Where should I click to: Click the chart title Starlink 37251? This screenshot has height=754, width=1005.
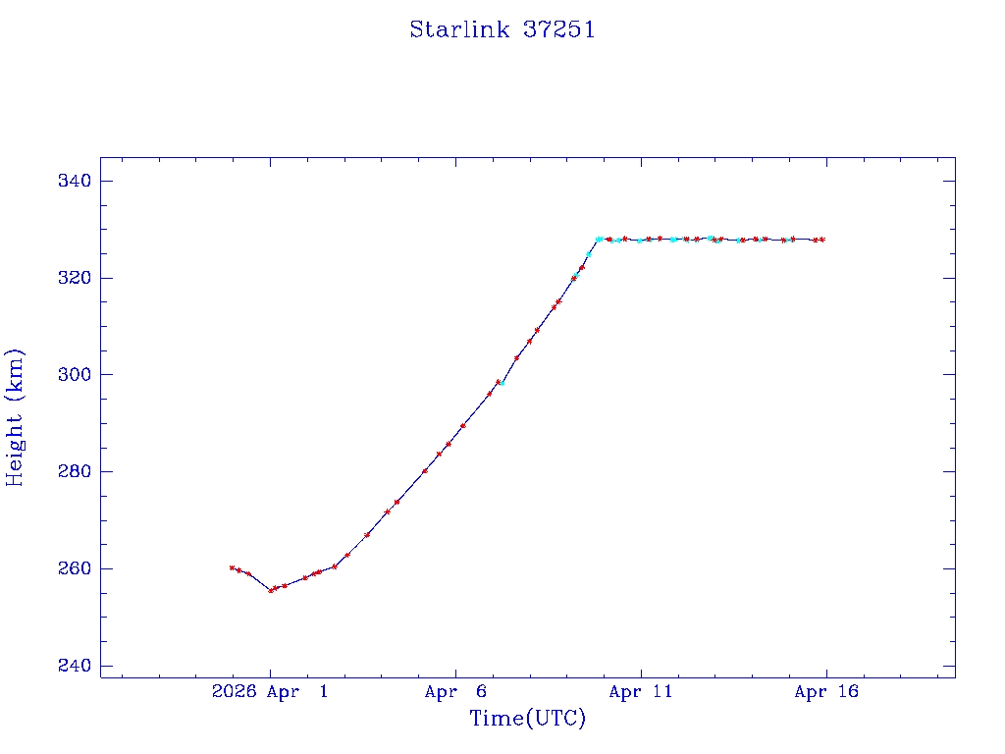(502, 29)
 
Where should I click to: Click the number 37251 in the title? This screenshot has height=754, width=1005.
(558, 29)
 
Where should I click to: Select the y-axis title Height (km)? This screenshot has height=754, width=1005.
(15, 417)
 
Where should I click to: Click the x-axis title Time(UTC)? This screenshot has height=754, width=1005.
(528, 719)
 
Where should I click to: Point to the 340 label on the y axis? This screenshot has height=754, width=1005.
(75, 182)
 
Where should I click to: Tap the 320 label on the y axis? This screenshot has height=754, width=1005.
(75, 278)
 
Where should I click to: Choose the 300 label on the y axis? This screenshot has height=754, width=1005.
(75, 375)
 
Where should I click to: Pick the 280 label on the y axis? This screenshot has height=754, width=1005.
(75, 472)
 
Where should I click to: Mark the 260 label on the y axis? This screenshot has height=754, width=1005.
(75, 569)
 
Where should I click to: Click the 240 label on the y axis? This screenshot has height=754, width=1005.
(75, 666)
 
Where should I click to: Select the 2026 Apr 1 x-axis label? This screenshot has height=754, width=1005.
(270, 692)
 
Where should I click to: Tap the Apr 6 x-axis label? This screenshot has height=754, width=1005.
(455, 692)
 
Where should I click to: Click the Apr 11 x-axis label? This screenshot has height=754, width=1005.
(641, 692)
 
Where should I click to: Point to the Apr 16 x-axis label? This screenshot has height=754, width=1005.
(826, 692)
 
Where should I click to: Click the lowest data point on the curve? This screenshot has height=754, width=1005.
(271, 590)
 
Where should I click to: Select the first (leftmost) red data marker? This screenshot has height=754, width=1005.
(232, 567)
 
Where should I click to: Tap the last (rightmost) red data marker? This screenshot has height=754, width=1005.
(822, 240)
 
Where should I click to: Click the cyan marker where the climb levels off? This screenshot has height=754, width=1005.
(599, 239)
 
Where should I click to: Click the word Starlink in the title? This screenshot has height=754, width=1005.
(459, 29)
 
